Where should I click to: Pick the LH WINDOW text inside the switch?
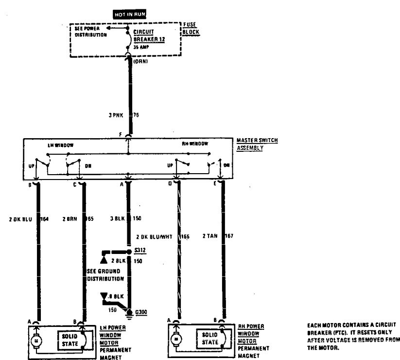[58, 144]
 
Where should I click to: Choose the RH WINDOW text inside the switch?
[194, 144]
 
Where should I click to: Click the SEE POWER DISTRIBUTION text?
[91, 32]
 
